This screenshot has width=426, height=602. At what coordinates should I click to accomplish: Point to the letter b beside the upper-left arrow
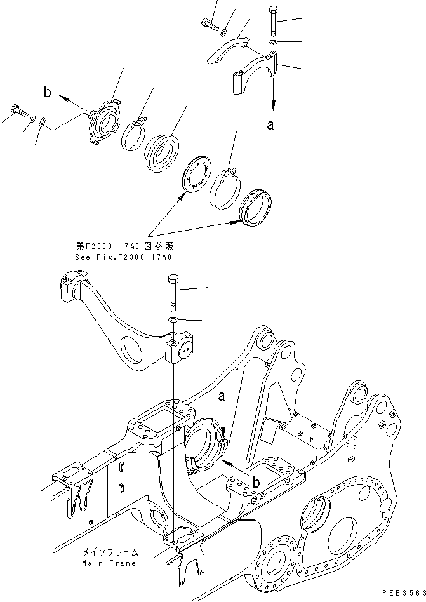tap(48, 93)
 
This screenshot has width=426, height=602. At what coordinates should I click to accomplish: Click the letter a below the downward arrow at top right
tap(270, 125)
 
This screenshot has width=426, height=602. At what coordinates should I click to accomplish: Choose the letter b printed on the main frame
tap(256, 483)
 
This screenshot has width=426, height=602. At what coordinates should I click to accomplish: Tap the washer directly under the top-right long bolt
tap(272, 42)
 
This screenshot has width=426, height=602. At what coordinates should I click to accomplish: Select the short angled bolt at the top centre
tap(208, 25)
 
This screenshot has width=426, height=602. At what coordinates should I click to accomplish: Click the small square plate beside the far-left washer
tap(42, 123)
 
